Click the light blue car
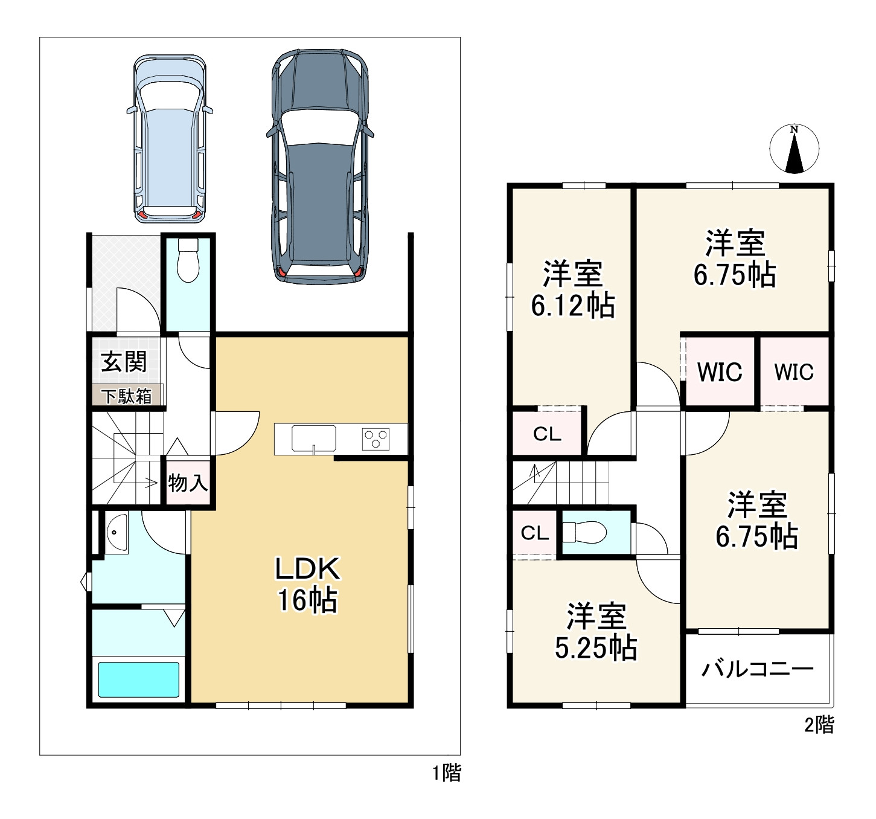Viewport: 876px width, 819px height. coord(170,138)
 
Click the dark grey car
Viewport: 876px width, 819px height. coord(320,166)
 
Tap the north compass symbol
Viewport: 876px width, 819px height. coord(794,149)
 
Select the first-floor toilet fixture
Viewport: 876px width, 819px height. coord(188,260)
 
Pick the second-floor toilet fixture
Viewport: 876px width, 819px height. coord(584,533)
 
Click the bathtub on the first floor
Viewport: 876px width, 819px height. coord(138,679)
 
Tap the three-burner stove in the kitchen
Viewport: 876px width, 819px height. coord(376,439)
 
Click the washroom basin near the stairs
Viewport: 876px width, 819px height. coord(117,533)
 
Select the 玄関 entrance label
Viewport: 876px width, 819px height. coord(124,362)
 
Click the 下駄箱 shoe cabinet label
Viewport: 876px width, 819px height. coord(127,396)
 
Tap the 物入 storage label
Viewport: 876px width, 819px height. coord(188,483)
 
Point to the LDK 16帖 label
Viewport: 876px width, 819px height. coord(307,585)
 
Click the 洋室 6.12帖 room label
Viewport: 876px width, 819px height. coord(572,289)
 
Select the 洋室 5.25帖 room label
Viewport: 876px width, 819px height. coord(596,631)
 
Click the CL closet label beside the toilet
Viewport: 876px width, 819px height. coord(535,533)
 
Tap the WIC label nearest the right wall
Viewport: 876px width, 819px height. coord(794,372)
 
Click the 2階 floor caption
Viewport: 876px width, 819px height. coord(819,725)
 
